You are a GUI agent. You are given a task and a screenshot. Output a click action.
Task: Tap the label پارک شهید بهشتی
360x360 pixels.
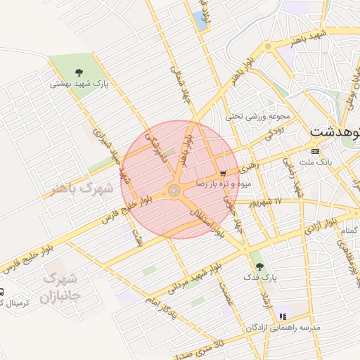78,83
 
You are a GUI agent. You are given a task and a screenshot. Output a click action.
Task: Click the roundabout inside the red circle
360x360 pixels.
174,190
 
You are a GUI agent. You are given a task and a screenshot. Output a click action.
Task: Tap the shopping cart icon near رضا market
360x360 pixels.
223,173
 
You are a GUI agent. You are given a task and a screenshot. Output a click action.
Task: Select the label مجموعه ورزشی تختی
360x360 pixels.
258,116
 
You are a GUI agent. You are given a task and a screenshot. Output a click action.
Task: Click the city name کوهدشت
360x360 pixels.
335,132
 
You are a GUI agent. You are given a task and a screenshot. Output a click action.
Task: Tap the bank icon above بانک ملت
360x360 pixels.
314,151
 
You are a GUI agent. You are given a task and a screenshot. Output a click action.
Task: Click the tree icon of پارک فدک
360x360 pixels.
260,266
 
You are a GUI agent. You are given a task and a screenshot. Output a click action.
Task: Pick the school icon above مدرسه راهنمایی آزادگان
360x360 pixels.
283,317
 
